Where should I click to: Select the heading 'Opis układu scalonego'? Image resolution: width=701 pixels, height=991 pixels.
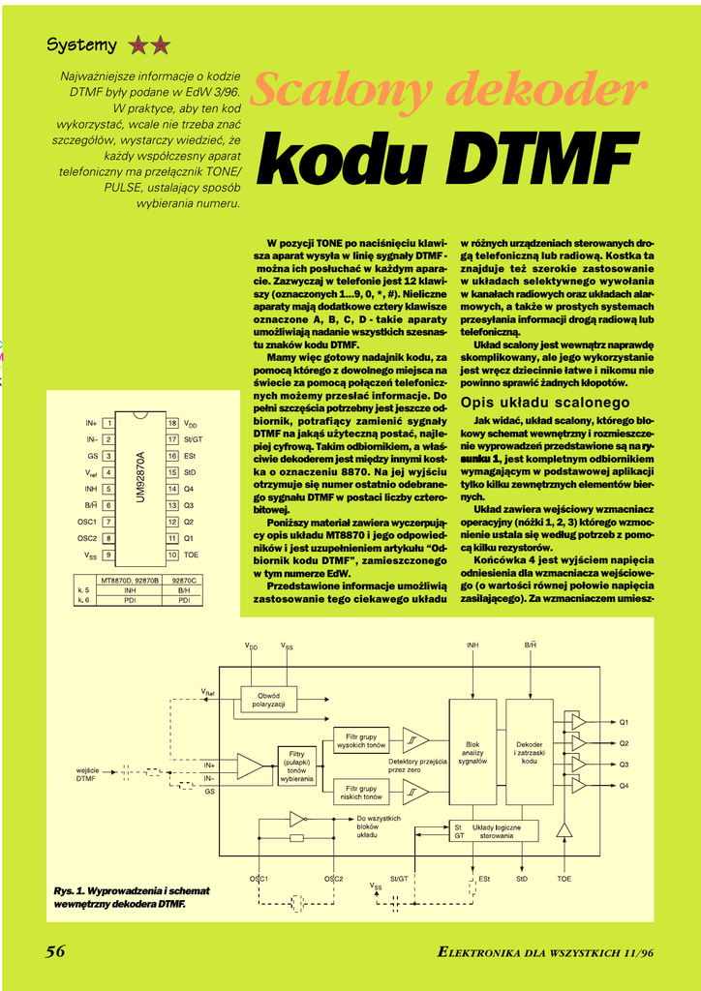[545, 402]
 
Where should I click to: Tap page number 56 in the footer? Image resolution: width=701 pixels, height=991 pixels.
[56, 951]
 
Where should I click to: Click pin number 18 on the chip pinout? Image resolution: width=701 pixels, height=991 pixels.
[172, 424]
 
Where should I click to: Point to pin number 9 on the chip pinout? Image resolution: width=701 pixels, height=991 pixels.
[109, 555]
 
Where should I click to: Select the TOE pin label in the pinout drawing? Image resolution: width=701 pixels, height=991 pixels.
[191, 555]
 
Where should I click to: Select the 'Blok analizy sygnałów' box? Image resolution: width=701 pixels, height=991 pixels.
[473, 754]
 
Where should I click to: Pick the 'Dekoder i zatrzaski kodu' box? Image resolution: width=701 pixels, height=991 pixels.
[529, 754]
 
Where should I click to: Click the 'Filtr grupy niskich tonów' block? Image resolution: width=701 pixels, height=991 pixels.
[360, 793]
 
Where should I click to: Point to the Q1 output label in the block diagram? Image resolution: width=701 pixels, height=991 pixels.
[625, 722]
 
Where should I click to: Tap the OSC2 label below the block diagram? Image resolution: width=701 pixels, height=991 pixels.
[334, 879]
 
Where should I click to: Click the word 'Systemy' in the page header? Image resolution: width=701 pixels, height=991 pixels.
[82, 45]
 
